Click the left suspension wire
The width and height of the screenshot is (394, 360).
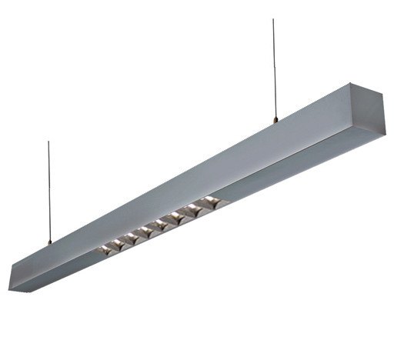pyautogui.click(x=48, y=192)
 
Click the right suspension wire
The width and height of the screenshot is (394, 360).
pyautogui.click(x=273, y=69)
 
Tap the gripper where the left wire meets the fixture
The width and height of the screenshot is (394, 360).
pyautogui.click(x=49, y=242)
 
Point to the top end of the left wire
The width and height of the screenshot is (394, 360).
pyautogui.click(x=48, y=142)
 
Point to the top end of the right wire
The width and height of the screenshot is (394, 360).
pyautogui.click(x=272, y=19)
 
